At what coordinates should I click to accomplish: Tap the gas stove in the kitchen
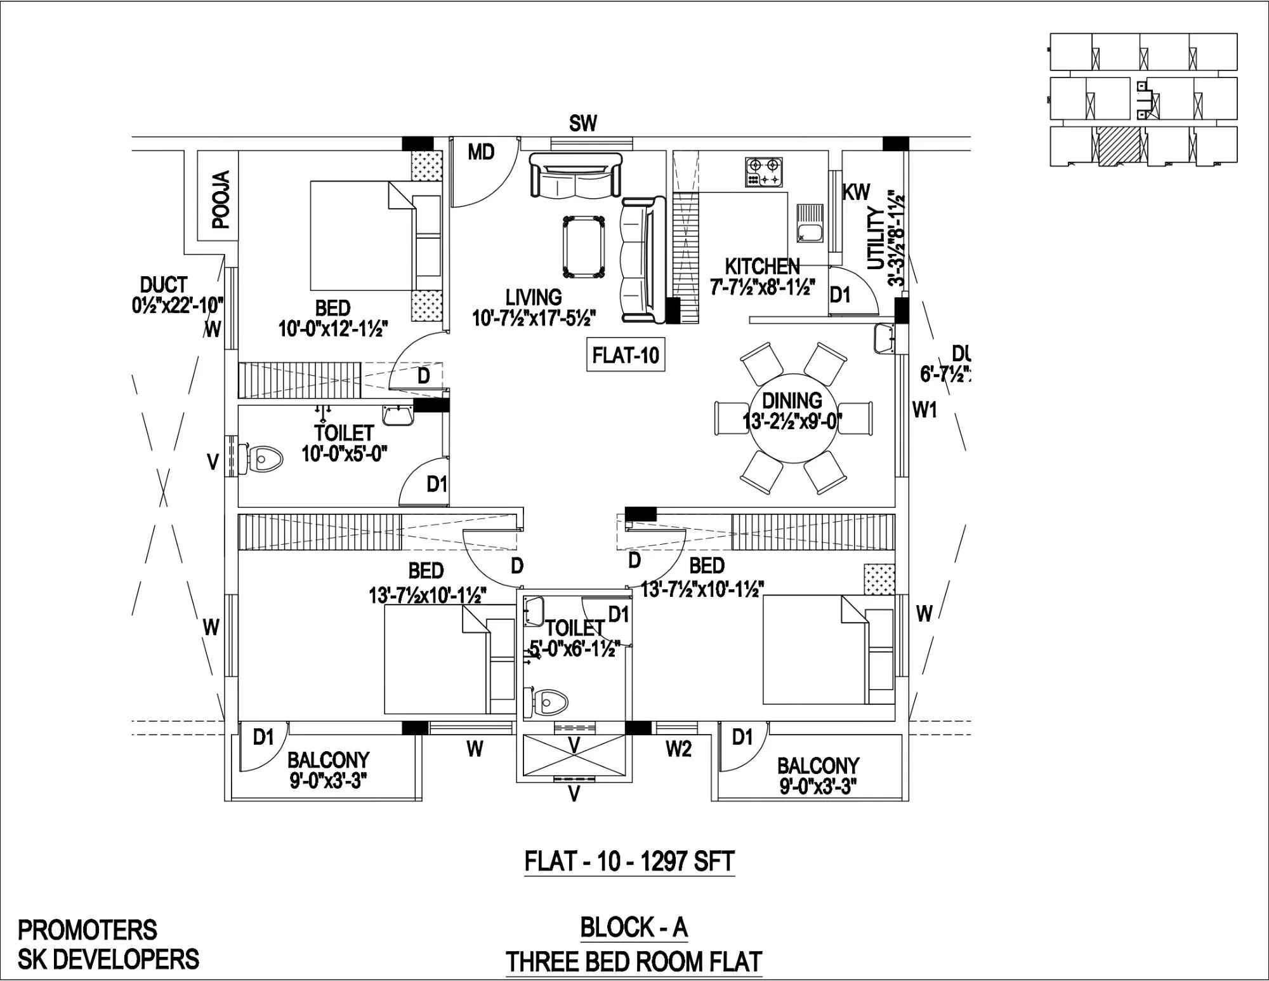(x=763, y=172)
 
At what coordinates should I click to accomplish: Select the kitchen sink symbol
(x=809, y=224)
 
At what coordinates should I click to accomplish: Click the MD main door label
(x=481, y=152)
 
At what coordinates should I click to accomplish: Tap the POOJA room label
(x=220, y=199)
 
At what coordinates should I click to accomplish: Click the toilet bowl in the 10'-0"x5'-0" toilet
(x=265, y=457)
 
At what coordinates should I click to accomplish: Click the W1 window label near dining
(x=924, y=411)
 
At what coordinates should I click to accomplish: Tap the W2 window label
(x=678, y=750)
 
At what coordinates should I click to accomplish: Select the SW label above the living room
(x=582, y=123)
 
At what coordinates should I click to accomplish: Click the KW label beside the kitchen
(x=856, y=193)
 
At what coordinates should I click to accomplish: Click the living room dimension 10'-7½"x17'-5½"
(x=534, y=317)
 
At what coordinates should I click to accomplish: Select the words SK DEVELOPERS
(x=108, y=959)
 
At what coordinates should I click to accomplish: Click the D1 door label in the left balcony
(x=263, y=737)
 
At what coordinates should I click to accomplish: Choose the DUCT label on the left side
(x=163, y=284)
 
